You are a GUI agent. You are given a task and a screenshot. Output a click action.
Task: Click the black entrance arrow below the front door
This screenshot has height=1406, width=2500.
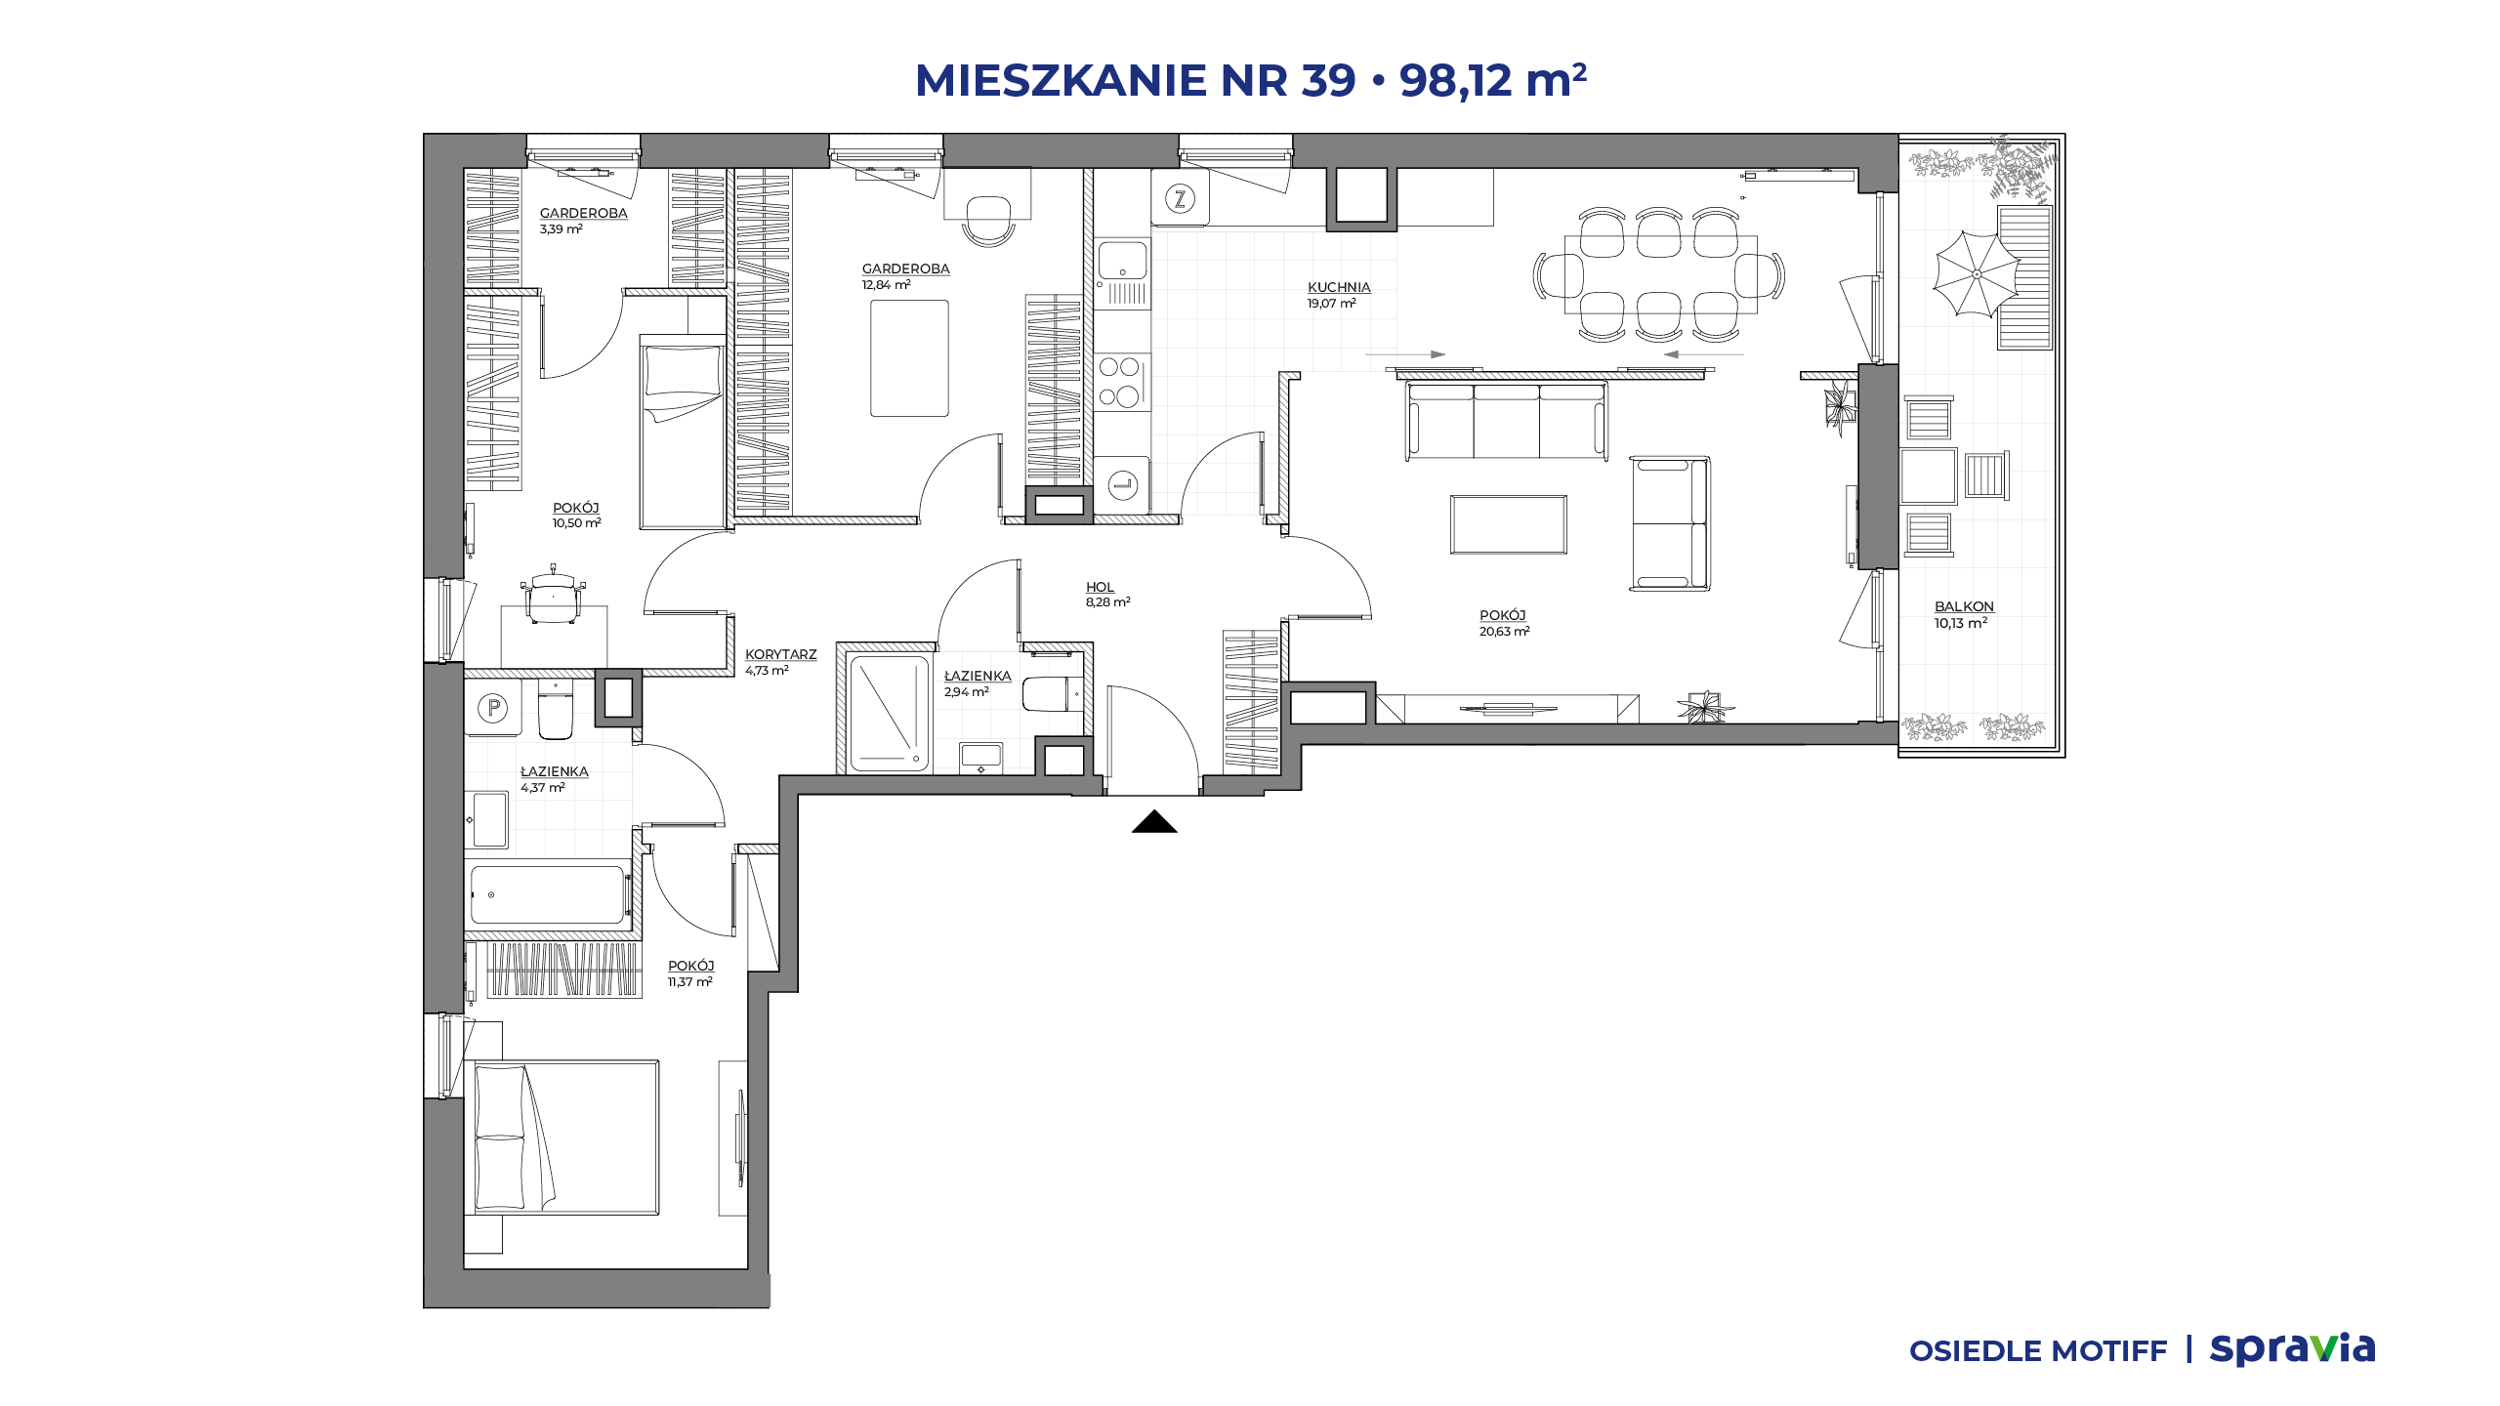click(x=1154, y=822)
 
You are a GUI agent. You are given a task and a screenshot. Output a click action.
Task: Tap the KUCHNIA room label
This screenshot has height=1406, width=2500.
click(x=1339, y=287)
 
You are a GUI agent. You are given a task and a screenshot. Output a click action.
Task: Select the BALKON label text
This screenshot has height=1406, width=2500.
click(x=1964, y=606)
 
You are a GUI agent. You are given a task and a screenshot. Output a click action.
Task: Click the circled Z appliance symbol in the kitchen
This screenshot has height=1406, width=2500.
click(x=1180, y=200)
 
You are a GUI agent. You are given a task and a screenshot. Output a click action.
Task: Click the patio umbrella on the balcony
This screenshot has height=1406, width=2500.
click(x=1977, y=274)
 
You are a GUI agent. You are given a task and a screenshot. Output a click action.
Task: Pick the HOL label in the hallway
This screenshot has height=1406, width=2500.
click(x=1100, y=587)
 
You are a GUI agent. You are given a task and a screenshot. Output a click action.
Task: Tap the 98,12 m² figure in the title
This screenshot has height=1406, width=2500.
click(x=1492, y=80)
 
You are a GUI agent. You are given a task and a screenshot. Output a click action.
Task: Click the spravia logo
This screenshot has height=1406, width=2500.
click(x=2292, y=1349)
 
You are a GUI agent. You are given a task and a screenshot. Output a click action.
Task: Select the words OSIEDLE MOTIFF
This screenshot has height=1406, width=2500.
click(x=2038, y=1351)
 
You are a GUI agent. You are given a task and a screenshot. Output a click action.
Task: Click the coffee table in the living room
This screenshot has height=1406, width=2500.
click(x=1508, y=524)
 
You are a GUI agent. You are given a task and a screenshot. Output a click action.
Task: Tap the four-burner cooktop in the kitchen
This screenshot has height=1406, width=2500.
click(x=1120, y=382)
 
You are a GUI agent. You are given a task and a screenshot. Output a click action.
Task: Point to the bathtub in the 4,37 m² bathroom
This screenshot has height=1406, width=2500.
click(x=547, y=894)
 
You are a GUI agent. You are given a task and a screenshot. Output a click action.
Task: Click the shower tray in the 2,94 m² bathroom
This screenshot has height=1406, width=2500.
click(x=889, y=714)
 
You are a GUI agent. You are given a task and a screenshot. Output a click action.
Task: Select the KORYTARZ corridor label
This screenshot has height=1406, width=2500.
click(x=780, y=654)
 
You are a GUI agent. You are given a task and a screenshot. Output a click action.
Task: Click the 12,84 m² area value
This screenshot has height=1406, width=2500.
click(x=886, y=285)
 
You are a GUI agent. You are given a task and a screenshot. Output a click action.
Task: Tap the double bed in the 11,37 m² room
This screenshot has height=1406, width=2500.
click(x=566, y=1137)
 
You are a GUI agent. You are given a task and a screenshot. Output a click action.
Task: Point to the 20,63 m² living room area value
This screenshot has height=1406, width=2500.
click(x=1504, y=632)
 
